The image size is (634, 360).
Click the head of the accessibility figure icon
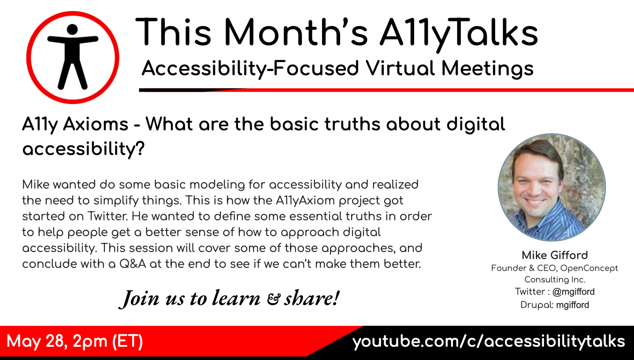[72, 30]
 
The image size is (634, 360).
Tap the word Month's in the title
[296, 32]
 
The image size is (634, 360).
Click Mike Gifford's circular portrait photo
[552, 187]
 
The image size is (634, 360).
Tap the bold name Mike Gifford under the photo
[555, 255]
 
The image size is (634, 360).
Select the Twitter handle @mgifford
[574, 292]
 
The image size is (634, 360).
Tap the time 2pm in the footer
[90, 341]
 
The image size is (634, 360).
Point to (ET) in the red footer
[127, 341]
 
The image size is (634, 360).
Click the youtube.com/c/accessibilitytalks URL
[489, 341]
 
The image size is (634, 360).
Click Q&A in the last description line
[133, 264]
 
